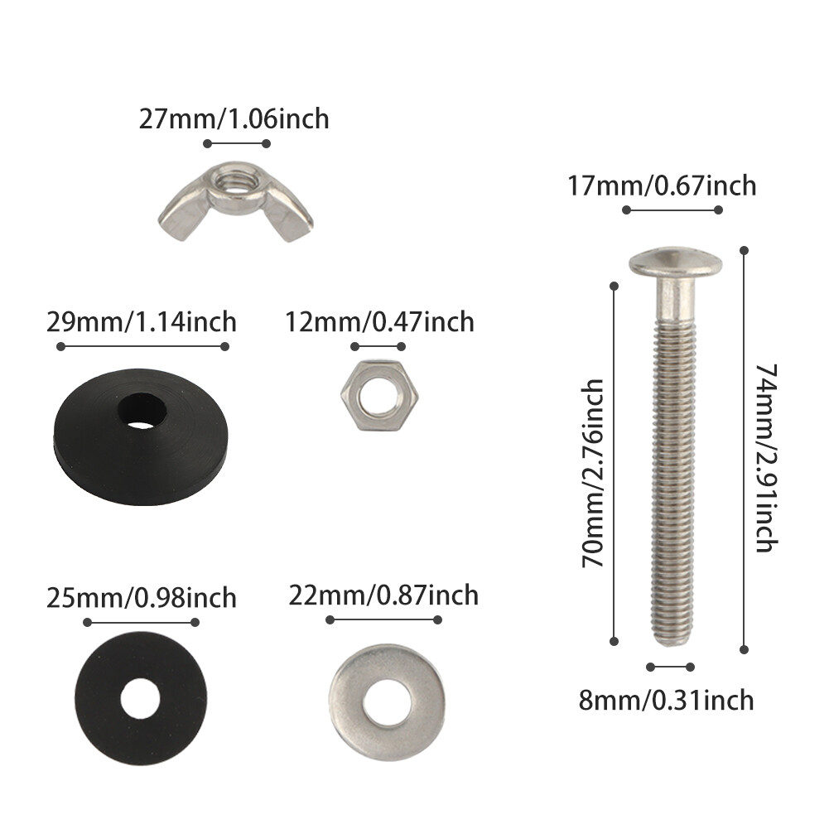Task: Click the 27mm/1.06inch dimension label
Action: click(x=234, y=118)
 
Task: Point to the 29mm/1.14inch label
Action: click(x=141, y=321)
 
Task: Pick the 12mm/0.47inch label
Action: click(x=379, y=321)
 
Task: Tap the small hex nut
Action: click(x=378, y=393)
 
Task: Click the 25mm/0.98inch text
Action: click(x=141, y=597)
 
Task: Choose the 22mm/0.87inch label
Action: click(x=383, y=595)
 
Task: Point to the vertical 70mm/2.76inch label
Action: click(x=593, y=474)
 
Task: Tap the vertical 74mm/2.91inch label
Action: click(x=765, y=457)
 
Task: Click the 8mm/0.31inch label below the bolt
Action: click(x=667, y=700)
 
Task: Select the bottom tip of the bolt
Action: click(x=671, y=642)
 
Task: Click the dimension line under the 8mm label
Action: click(x=671, y=667)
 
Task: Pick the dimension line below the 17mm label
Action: click(x=672, y=210)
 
